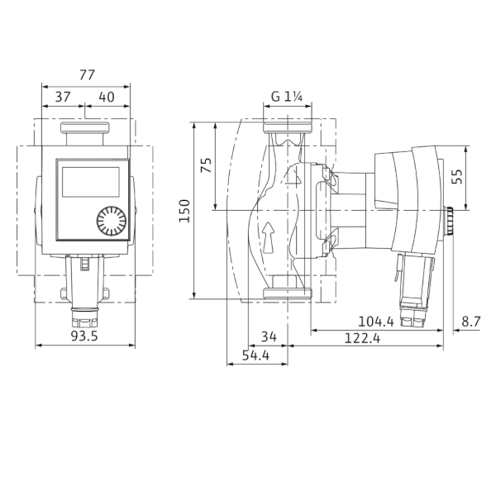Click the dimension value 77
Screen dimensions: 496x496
click(x=86, y=75)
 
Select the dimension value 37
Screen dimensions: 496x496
click(x=62, y=97)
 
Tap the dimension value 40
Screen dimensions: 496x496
click(x=107, y=97)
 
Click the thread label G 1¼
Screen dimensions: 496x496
click(x=288, y=97)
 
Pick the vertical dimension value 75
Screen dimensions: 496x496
click(x=206, y=166)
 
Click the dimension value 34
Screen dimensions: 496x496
click(x=268, y=336)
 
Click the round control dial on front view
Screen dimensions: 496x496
click(x=111, y=222)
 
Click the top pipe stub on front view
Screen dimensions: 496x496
click(x=85, y=131)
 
